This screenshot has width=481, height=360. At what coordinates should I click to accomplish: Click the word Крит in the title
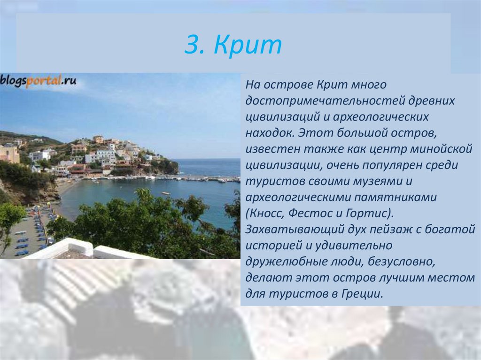(248, 44)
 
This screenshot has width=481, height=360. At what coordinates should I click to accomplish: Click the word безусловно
(402, 261)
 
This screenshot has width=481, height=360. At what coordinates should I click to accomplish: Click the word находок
(269, 133)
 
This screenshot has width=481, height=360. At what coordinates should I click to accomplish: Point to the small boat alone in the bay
(166, 193)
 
